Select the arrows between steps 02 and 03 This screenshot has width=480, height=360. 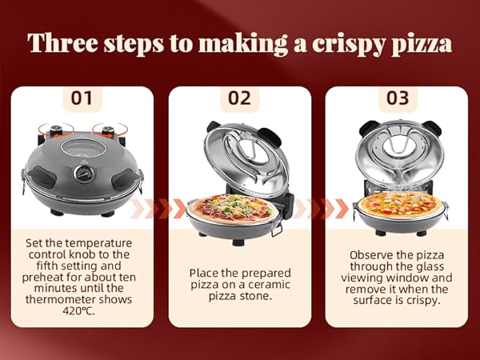pyautogui.click(x=318, y=209)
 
